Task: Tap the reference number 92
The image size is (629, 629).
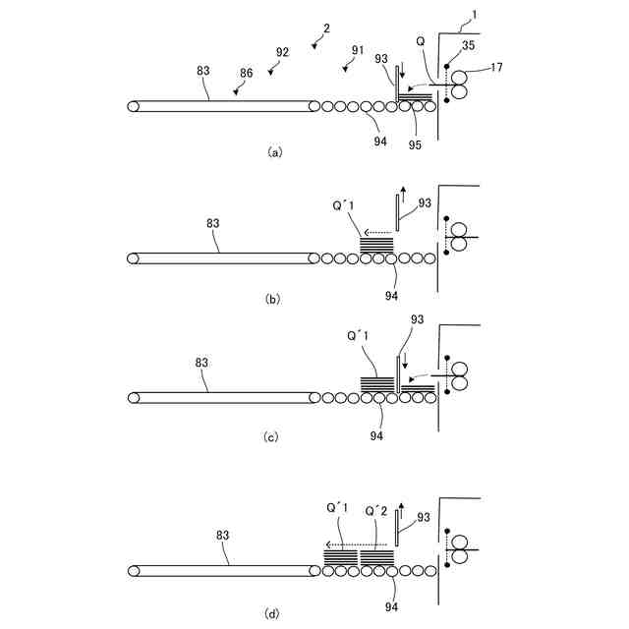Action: (282, 51)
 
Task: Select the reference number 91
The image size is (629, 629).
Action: (357, 50)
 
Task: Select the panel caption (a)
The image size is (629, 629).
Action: (275, 151)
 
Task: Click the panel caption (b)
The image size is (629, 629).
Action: (275, 299)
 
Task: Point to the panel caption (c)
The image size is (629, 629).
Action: (275, 437)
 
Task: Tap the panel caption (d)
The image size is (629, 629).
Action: (275, 614)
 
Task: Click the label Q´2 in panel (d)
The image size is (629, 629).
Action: (377, 511)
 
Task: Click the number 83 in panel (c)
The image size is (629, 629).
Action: (202, 363)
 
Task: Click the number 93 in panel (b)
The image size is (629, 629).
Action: (425, 202)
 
